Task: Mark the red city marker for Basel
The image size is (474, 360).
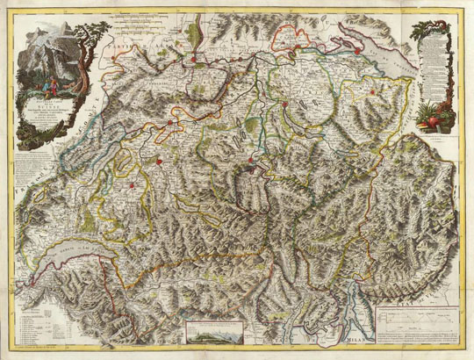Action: tap(190, 60)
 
